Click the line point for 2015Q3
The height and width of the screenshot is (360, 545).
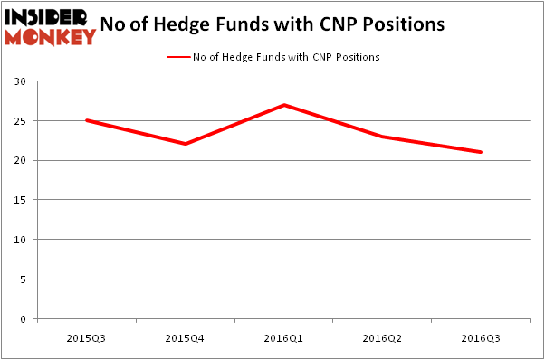pyautogui.click(x=86, y=120)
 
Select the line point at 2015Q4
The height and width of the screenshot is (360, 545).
pyautogui.click(x=185, y=144)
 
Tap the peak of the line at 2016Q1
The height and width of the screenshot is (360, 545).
pyautogui.click(x=284, y=105)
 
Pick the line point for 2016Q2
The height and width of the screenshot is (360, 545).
pyautogui.click(x=383, y=137)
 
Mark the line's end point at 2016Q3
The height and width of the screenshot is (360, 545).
pyautogui.click(x=482, y=152)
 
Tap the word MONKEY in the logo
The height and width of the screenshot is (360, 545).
pyautogui.click(x=50, y=36)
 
